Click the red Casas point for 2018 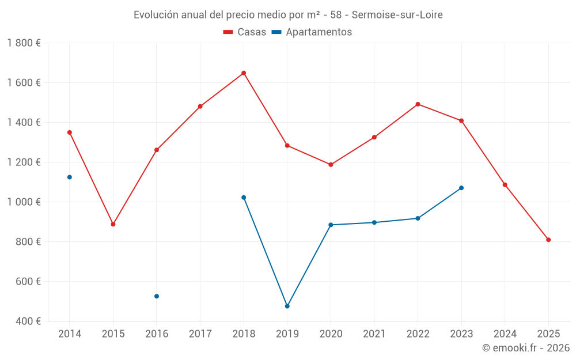pyautogui.click(x=244, y=73)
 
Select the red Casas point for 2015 pyautogui.click(x=113, y=224)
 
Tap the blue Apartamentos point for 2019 pyautogui.click(x=287, y=306)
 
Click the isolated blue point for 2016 pyautogui.click(x=157, y=296)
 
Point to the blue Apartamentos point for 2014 pyautogui.click(x=70, y=177)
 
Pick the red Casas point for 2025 pyautogui.click(x=548, y=240)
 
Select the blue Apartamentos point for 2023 pyautogui.click(x=461, y=188)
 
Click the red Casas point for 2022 pyautogui.click(x=418, y=104)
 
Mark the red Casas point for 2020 pyautogui.click(x=331, y=165)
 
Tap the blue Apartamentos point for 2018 pyautogui.click(x=244, y=198)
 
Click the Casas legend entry pyautogui.click(x=245, y=32)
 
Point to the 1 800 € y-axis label pyautogui.click(x=24, y=43)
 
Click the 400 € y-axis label pyautogui.click(x=28, y=321)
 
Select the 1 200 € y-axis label pyautogui.click(x=24, y=162)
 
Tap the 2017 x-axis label pyautogui.click(x=200, y=334)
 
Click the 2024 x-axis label pyautogui.click(x=505, y=334)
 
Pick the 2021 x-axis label pyautogui.click(x=374, y=334)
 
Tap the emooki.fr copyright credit pyautogui.click(x=526, y=348)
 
